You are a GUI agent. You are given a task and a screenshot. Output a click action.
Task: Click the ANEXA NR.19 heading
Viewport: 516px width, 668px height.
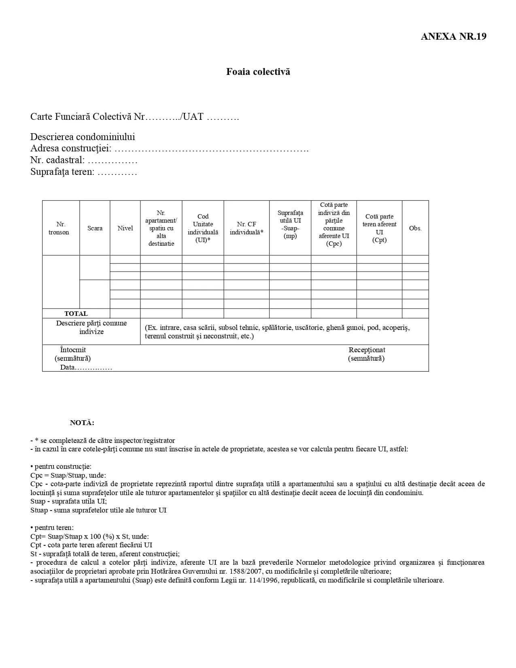[453, 36]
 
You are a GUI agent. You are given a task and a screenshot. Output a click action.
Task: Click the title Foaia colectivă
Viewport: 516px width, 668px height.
[258, 72]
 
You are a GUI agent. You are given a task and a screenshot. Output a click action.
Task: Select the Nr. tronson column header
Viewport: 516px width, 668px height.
[59, 228]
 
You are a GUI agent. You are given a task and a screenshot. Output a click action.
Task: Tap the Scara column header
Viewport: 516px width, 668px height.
[95, 228]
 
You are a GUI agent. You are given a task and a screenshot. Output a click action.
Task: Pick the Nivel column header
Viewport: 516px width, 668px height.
[125, 228]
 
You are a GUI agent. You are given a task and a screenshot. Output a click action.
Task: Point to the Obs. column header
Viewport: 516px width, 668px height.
[415, 228]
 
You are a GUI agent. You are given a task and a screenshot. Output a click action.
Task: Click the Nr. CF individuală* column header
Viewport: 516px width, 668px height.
[246, 228]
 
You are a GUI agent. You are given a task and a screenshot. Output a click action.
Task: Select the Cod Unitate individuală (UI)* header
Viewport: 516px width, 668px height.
[203, 228]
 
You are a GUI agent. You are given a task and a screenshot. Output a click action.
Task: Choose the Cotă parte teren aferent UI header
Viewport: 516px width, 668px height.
[379, 228]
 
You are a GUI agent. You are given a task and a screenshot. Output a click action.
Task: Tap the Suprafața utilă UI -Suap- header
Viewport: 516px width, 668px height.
[290, 224]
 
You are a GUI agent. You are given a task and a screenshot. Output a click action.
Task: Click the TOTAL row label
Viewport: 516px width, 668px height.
[76, 313]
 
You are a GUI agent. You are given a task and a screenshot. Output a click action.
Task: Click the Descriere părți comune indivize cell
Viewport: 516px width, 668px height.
[91, 328]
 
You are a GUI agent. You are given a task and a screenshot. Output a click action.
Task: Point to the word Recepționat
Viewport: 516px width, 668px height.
[367, 350]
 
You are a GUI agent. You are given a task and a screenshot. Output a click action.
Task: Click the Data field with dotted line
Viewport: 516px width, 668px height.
[86, 368]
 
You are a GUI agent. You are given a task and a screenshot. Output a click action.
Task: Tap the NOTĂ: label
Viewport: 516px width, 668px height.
[82, 423]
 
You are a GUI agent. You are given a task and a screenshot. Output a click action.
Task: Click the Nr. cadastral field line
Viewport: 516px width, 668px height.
[84, 160]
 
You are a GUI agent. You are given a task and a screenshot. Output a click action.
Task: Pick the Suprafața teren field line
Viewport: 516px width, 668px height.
[83, 172]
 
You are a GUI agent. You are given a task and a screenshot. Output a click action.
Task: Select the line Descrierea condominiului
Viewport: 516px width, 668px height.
[83, 137]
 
